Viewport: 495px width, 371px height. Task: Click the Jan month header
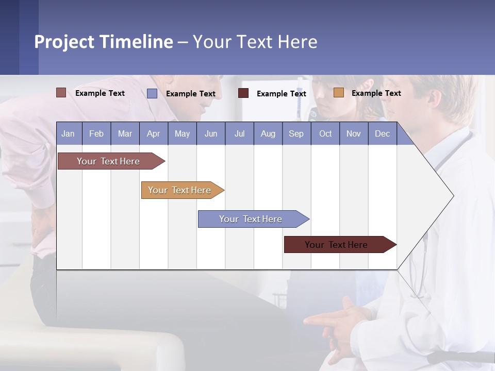(x=69, y=133)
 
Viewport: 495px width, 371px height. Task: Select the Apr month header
(x=154, y=133)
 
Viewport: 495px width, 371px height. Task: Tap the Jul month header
(x=239, y=133)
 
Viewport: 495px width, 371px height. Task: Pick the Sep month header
(x=296, y=133)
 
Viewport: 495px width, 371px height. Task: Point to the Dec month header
(x=382, y=133)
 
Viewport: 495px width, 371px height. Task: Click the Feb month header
(x=96, y=133)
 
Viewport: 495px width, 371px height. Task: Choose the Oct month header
(x=325, y=133)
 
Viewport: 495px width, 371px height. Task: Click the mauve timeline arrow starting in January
(x=109, y=161)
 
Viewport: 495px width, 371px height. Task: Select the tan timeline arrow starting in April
(x=180, y=190)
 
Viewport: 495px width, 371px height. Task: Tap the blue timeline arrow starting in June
(x=251, y=219)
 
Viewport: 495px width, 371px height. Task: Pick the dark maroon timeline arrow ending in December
(x=337, y=245)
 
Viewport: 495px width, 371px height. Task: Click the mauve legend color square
(x=61, y=93)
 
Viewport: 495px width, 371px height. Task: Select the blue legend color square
(x=152, y=93)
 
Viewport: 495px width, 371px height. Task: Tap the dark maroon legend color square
(x=243, y=93)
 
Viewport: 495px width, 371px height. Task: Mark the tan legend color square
(x=338, y=93)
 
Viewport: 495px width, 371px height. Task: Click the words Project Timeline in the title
(x=104, y=42)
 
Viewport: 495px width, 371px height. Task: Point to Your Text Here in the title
(x=255, y=42)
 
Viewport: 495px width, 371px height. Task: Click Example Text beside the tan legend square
(x=376, y=93)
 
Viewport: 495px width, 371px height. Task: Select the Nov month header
(x=354, y=133)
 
